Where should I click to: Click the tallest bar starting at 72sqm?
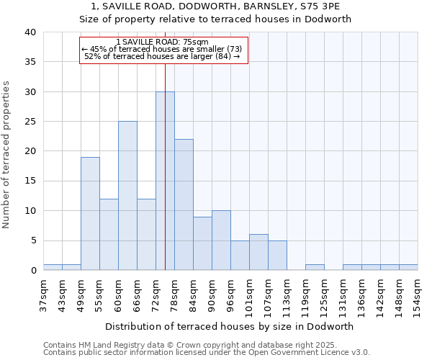pyautogui.click(x=165, y=181)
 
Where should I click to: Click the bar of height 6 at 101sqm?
pyautogui.click(x=258, y=252)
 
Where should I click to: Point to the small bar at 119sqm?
pyautogui.click(x=315, y=267)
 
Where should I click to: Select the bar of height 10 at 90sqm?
pyautogui.click(x=221, y=240)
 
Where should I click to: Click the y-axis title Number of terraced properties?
pyautogui.click(x=7, y=154)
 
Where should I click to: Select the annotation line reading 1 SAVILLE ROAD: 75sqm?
pyautogui.click(x=162, y=42)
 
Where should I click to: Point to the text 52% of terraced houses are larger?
pyautogui.click(x=162, y=56)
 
